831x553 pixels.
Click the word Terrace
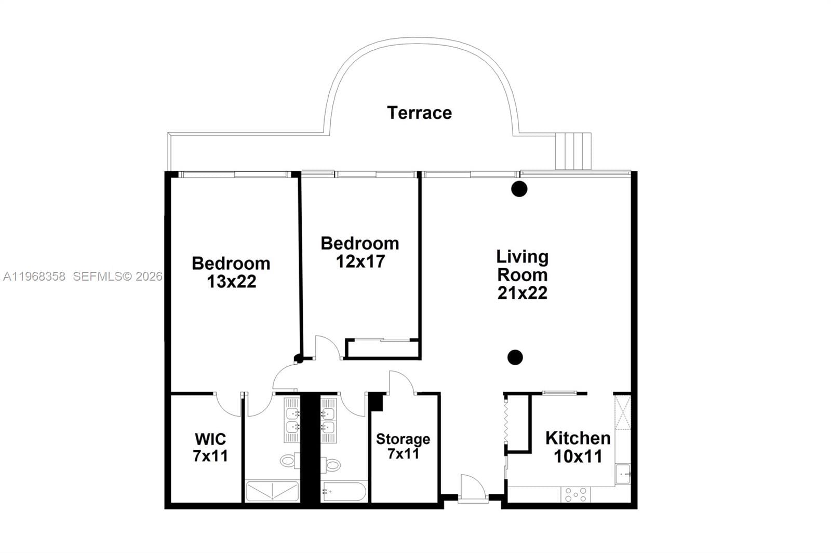coord(419,113)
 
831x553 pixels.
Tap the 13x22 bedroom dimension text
coord(232,282)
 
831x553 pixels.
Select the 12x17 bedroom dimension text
coord(360,261)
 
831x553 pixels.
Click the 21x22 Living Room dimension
coord(522,293)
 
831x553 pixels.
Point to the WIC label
coord(210,439)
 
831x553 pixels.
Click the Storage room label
coord(403,439)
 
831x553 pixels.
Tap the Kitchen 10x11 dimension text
coord(578,457)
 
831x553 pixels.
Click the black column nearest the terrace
coord(519,189)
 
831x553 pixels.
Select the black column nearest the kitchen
coord(515,357)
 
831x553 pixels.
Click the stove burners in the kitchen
coord(575,494)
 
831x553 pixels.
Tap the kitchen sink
coord(622,474)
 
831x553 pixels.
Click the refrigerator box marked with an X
coord(622,412)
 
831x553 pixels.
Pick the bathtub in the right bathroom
coord(344,491)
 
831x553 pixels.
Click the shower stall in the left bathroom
coord(272,491)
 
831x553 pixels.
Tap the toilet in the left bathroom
coord(289,460)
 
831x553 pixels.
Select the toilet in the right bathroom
coord(330,464)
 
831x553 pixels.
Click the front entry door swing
coord(473,488)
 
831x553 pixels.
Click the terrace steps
coord(573,151)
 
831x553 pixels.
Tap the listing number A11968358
coord(34,276)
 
